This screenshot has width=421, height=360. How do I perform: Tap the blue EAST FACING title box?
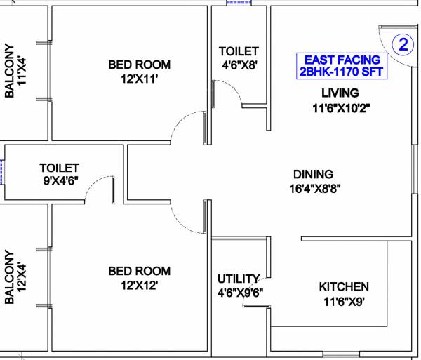[x=340, y=65]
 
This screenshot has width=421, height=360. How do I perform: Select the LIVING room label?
[x=340, y=93]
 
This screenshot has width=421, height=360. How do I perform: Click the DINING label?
[x=313, y=174]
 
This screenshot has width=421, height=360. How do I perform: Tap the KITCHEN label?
[x=344, y=287]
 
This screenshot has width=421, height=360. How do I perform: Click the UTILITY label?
[x=239, y=279]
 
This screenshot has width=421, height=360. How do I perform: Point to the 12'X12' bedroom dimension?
[x=139, y=286]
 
